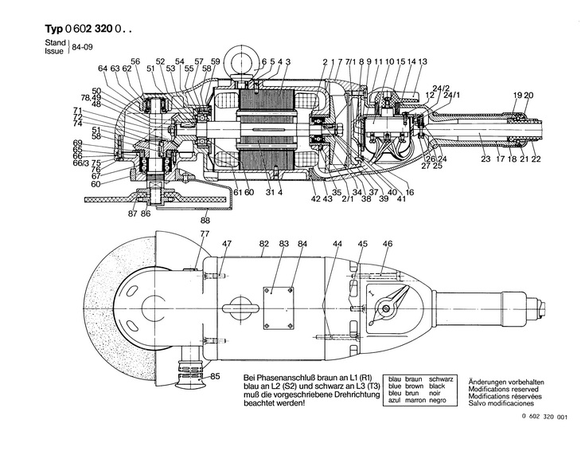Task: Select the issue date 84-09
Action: pyautogui.click(x=80, y=48)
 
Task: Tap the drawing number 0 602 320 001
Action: pyautogui.click(x=544, y=440)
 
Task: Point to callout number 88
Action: pyautogui.click(x=205, y=220)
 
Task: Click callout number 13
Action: pyautogui.click(x=423, y=61)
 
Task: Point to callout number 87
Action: pyautogui.click(x=133, y=214)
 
